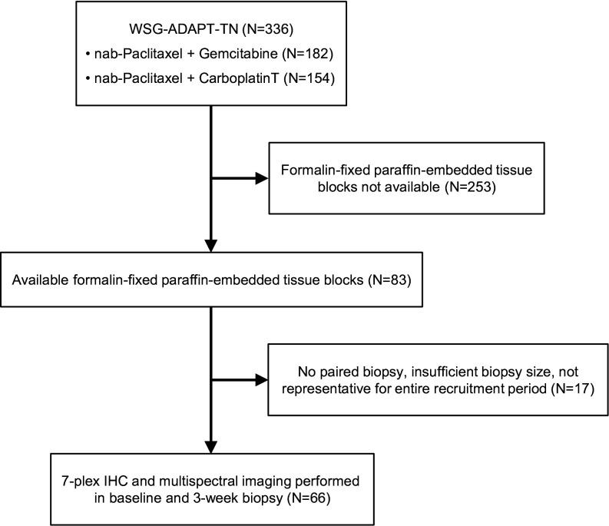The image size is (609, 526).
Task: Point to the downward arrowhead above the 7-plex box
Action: [210, 443]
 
